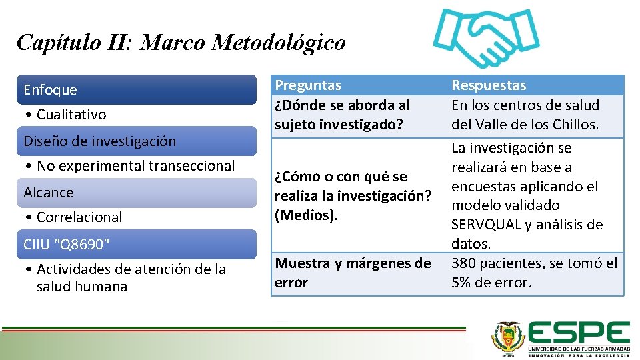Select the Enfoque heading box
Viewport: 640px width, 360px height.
pyautogui.click(x=137, y=89)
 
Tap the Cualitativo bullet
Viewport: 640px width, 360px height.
pyautogui.click(x=71, y=115)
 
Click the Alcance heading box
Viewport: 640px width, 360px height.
pyautogui.click(x=137, y=192)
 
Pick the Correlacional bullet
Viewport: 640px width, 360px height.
pyautogui.click(x=79, y=217)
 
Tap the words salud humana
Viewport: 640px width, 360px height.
pyautogui.click(x=82, y=287)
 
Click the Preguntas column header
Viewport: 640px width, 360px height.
pyautogui.click(x=308, y=85)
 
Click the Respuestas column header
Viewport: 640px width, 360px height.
pyautogui.click(x=489, y=85)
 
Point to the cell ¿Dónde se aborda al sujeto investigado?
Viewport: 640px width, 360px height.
pyautogui.click(x=343, y=115)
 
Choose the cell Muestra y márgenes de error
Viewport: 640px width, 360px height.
pyautogui.click(x=353, y=273)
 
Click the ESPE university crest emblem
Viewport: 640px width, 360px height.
pyautogui.click(x=508, y=337)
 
